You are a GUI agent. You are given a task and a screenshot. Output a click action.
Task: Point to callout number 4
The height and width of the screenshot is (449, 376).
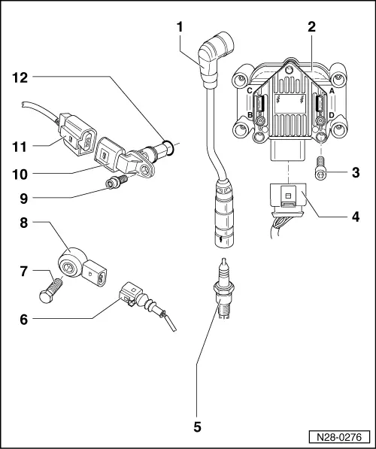(355, 222)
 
